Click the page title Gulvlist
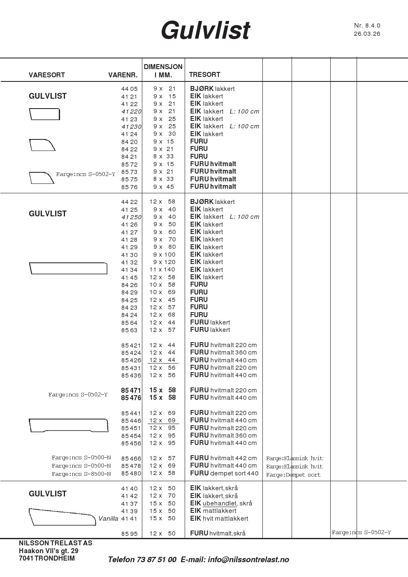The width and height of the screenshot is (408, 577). pos(205,30)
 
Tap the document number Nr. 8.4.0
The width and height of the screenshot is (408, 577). pos(367,25)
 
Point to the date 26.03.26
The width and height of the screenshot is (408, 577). pos(367,34)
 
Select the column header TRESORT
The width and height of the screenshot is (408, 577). pos(204,74)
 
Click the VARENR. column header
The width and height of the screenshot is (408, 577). pos(123,75)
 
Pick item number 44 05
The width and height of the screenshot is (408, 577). pos(129,89)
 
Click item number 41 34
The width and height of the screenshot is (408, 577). pos(129,270)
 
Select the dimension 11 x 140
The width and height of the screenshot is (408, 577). pos(162,270)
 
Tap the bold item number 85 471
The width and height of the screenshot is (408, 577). pos(131,390)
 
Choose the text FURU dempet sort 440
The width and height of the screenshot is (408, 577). pos(224,473)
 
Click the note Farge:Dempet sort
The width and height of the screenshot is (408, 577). pos(293,475)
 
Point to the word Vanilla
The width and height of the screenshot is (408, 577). pos(108,519)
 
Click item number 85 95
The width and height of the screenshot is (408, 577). pos(129,534)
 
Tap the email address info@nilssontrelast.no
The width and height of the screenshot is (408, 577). pos(248,559)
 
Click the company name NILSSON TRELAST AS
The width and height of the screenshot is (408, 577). pos(56,543)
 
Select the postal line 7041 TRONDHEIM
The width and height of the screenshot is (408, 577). pos(47,558)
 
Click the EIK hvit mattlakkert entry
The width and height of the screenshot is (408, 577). pos(219,519)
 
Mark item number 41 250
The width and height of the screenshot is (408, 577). pos(131,217)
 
